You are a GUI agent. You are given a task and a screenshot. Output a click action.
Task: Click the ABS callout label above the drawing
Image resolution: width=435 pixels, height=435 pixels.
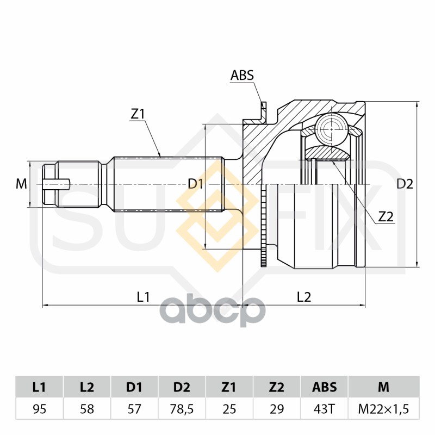(242, 75)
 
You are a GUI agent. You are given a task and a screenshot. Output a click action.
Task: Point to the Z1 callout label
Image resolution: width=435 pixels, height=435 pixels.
(138, 114)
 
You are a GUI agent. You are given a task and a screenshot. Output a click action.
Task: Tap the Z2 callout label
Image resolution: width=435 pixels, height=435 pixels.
(386, 216)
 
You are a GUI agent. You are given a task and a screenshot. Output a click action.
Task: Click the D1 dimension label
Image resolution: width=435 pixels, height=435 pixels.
(196, 184)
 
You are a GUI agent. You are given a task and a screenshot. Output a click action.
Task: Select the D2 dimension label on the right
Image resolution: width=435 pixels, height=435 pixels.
(405, 184)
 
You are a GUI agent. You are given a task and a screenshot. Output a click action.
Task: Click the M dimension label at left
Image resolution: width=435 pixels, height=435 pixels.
(21, 184)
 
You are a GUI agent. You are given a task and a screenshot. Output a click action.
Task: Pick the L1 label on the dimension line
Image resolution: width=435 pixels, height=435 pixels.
(144, 297)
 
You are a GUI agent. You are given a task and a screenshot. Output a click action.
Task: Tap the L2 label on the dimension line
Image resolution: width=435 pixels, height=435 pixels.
(304, 297)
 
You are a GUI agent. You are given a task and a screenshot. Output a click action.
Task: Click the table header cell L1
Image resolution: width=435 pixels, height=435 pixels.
(39, 387)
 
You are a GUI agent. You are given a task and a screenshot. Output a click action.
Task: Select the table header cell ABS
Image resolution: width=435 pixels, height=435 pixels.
(324, 387)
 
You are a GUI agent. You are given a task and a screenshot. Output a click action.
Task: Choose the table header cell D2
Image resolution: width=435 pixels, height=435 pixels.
(182, 387)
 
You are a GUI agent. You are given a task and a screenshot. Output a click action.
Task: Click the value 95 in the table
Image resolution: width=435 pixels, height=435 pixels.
(39, 409)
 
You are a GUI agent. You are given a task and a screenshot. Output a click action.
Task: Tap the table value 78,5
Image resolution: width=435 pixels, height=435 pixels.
(182, 409)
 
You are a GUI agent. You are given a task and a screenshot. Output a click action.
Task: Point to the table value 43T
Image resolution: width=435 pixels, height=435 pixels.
(324, 409)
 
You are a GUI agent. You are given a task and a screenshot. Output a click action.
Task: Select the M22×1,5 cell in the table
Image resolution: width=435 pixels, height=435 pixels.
(384, 409)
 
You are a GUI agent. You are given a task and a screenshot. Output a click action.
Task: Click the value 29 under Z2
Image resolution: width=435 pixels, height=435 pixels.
(277, 409)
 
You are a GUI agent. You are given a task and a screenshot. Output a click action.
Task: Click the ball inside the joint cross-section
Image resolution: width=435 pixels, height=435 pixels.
(332, 129)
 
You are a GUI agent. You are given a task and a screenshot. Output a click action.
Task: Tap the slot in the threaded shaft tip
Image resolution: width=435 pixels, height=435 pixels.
(57, 184)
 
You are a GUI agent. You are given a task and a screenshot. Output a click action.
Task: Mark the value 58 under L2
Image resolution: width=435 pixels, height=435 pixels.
(87, 409)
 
